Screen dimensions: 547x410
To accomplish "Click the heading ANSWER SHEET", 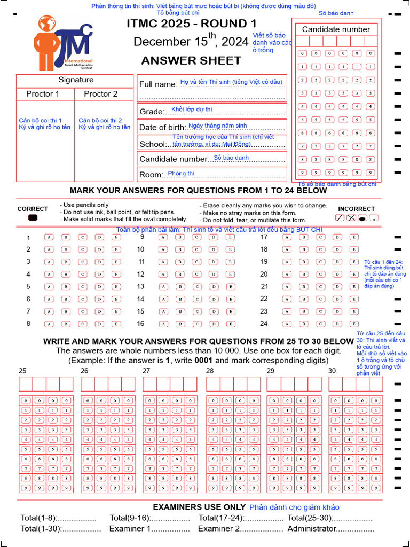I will coord(191,61).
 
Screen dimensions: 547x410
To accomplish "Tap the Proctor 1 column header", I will coord(43,94).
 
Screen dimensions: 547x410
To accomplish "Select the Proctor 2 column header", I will coord(101,94).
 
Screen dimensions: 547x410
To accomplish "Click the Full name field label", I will coord(157,84).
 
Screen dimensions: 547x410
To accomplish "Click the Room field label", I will coord(151,175).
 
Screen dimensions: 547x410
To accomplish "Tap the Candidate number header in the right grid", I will coord(336,29).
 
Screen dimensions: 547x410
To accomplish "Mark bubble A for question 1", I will coord(49,237).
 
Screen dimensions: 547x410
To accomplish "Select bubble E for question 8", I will coord(116,324).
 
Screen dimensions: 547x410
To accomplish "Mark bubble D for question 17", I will coord(337,237).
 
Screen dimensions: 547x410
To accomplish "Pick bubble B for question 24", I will coord(303,324).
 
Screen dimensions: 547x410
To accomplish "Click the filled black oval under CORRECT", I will coord(33,217).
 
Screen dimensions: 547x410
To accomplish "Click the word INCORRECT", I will coord(356,209).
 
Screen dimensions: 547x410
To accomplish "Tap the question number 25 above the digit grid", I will coord(22,371).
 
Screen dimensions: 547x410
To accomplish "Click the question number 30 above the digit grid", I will coord(332,371).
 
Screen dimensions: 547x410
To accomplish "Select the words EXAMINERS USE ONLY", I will coord(199,507).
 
